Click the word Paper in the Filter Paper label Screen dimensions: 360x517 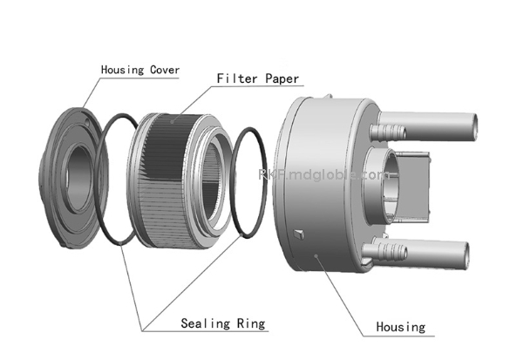pyautogui.click(x=280, y=78)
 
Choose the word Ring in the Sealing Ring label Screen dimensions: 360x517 pyautogui.click(x=249, y=323)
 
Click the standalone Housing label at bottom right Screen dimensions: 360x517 pyautogui.click(x=400, y=327)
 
